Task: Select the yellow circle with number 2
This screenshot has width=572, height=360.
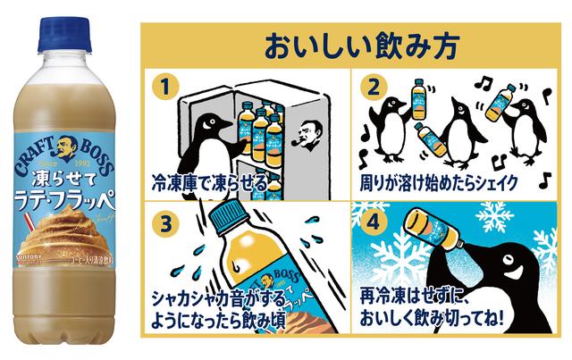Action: (374, 86)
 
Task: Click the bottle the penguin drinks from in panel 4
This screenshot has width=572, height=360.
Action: (437, 235)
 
